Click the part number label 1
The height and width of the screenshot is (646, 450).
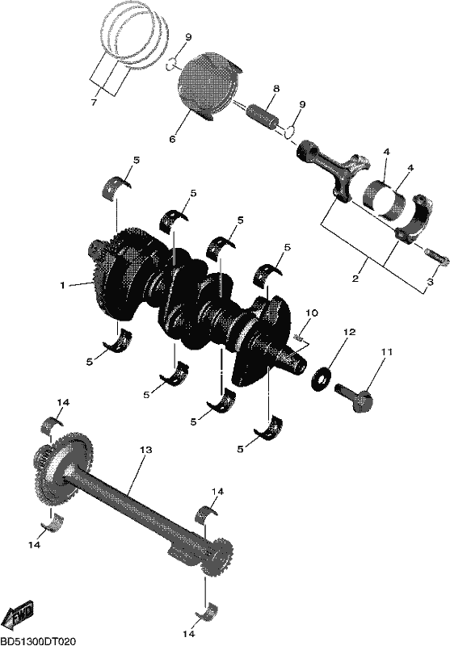(x=63, y=285)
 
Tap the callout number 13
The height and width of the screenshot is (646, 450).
(x=146, y=450)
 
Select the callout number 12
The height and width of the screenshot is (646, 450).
(x=349, y=332)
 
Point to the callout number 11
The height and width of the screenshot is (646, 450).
(x=386, y=352)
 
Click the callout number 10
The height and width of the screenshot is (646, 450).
(x=312, y=313)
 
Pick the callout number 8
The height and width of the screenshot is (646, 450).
(x=276, y=89)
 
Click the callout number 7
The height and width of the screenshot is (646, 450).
(x=94, y=103)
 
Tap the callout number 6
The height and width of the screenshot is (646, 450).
(x=172, y=139)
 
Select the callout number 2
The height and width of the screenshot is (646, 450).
(x=355, y=279)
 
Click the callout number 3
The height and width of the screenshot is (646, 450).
(x=430, y=282)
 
